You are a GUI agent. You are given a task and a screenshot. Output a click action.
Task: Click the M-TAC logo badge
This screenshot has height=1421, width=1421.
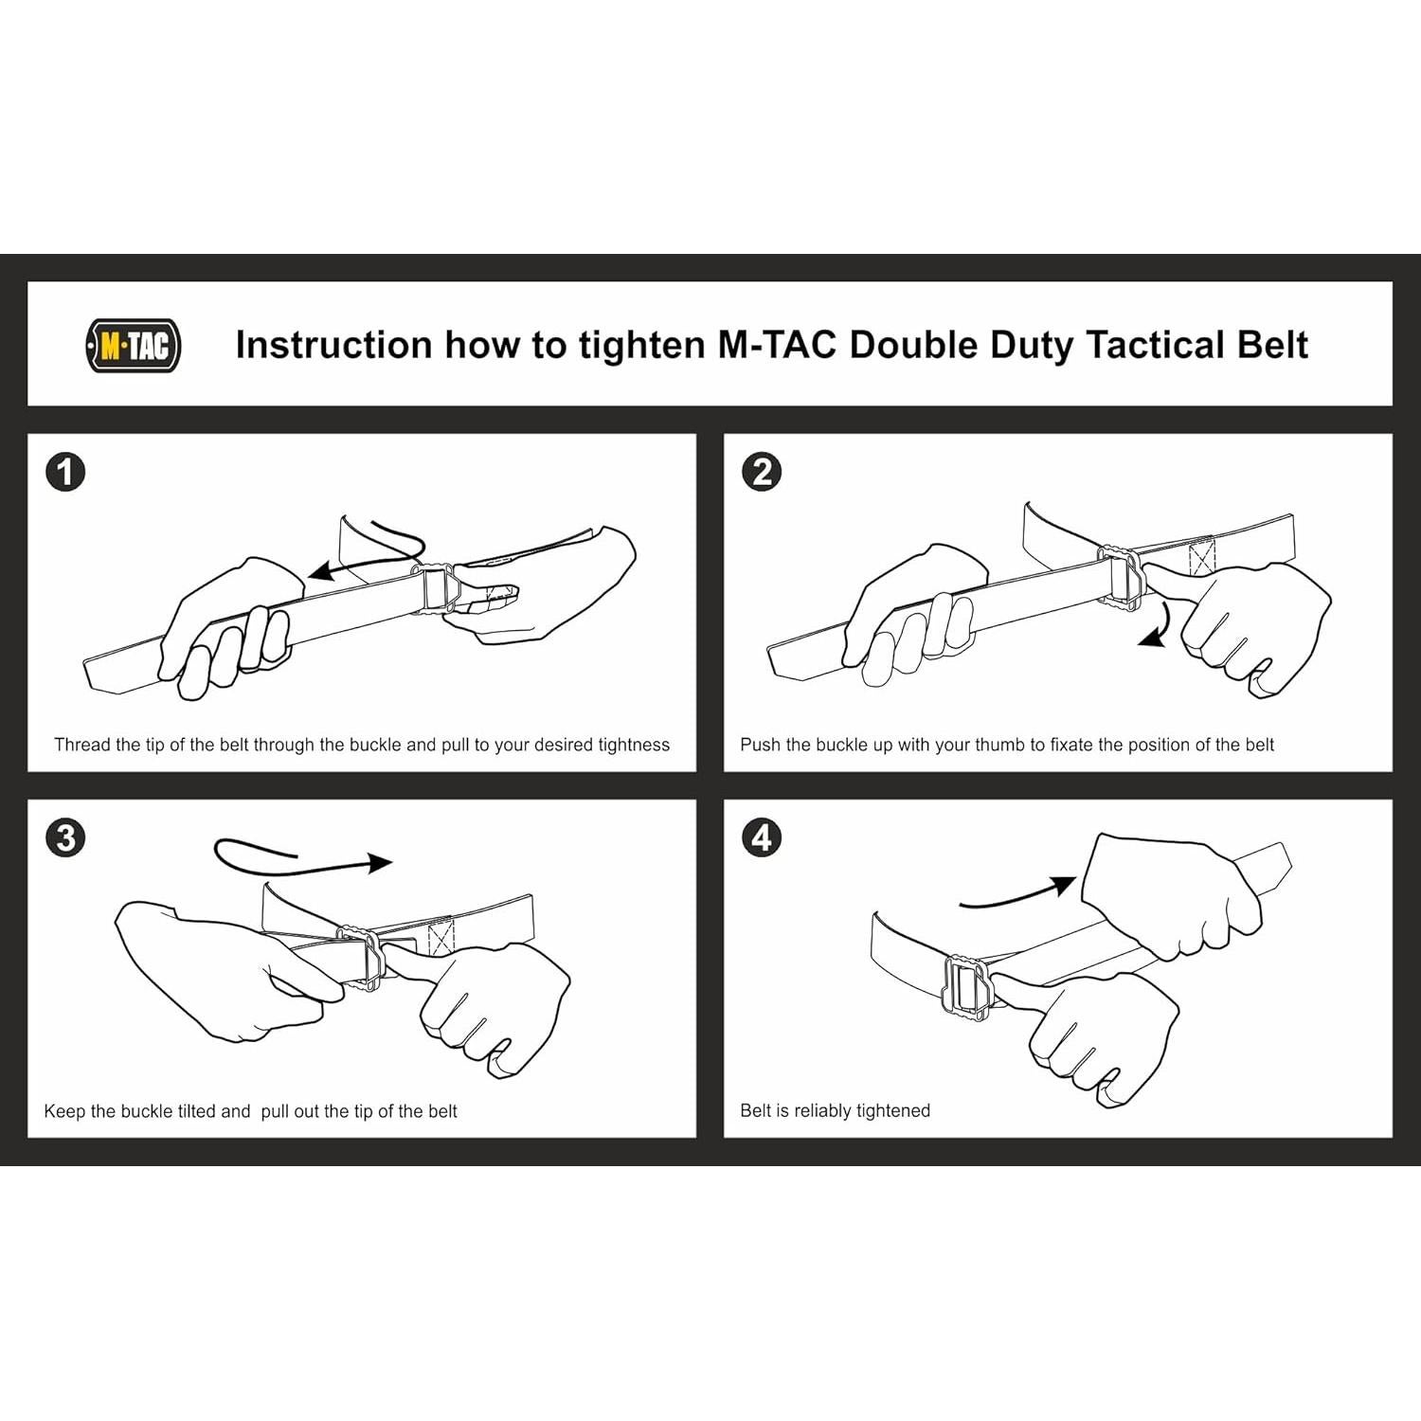(x=134, y=346)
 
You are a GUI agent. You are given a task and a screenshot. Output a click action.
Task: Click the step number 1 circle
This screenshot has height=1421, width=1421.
(x=65, y=472)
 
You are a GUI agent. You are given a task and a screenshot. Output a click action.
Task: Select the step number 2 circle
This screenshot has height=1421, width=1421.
(x=763, y=472)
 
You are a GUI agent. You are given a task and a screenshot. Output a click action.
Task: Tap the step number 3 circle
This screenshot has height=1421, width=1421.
(x=65, y=837)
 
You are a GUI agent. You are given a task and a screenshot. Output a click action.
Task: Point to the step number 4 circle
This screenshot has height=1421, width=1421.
(x=763, y=837)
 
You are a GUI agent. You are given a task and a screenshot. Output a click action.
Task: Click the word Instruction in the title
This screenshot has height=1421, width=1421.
(x=334, y=345)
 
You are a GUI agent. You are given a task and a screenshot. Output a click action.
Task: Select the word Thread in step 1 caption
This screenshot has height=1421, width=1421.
(x=82, y=745)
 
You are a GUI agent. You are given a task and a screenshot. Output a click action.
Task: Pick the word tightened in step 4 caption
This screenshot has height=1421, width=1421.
(x=888, y=1110)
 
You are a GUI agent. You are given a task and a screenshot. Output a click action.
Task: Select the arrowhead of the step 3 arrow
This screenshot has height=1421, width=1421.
(x=381, y=862)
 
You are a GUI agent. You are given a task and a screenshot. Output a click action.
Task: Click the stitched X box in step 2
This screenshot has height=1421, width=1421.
(x=1201, y=556)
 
